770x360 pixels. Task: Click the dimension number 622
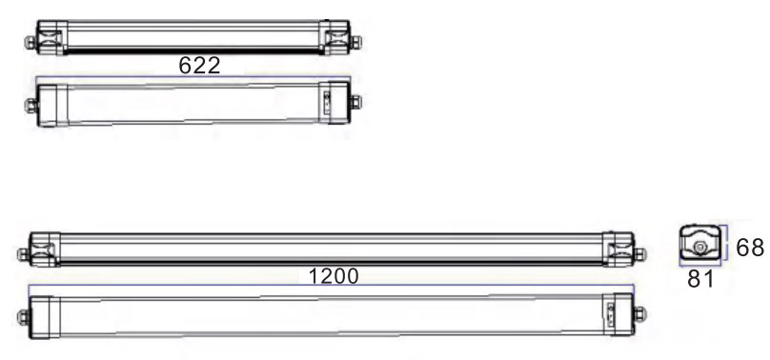(199, 66)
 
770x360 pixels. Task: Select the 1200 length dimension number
(334, 276)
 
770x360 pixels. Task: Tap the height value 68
(750, 248)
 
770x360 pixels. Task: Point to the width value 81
(700, 279)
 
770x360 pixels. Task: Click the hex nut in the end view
(699, 249)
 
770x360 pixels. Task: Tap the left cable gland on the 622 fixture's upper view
(30, 42)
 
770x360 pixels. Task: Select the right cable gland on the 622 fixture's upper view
(355, 42)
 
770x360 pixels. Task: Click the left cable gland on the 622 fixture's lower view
(31, 106)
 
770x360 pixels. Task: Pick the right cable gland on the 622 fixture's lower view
(355, 102)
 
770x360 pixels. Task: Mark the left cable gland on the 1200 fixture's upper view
(23, 254)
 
